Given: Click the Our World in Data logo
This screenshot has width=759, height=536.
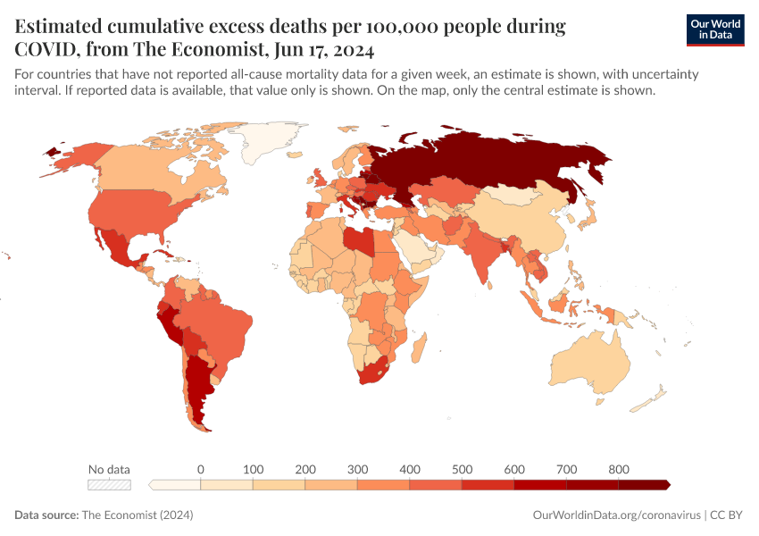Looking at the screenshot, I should [714, 29].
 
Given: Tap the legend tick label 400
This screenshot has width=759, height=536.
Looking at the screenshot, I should [410, 469].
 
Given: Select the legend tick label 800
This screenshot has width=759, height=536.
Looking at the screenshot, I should [619, 469].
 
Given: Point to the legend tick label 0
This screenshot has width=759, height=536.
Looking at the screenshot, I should [201, 469].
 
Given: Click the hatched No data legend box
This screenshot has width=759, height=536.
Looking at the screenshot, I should [109, 485].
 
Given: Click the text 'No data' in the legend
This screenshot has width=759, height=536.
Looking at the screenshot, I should [109, 469].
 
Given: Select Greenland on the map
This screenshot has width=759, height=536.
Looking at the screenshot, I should [268, 138].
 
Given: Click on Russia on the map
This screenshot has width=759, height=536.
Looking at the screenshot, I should [500, 161].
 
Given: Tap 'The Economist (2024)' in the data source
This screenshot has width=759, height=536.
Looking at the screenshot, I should [137, 515].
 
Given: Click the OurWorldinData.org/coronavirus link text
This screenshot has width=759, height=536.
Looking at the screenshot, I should [616, 515].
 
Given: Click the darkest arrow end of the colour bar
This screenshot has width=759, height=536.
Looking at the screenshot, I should [666, 485].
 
